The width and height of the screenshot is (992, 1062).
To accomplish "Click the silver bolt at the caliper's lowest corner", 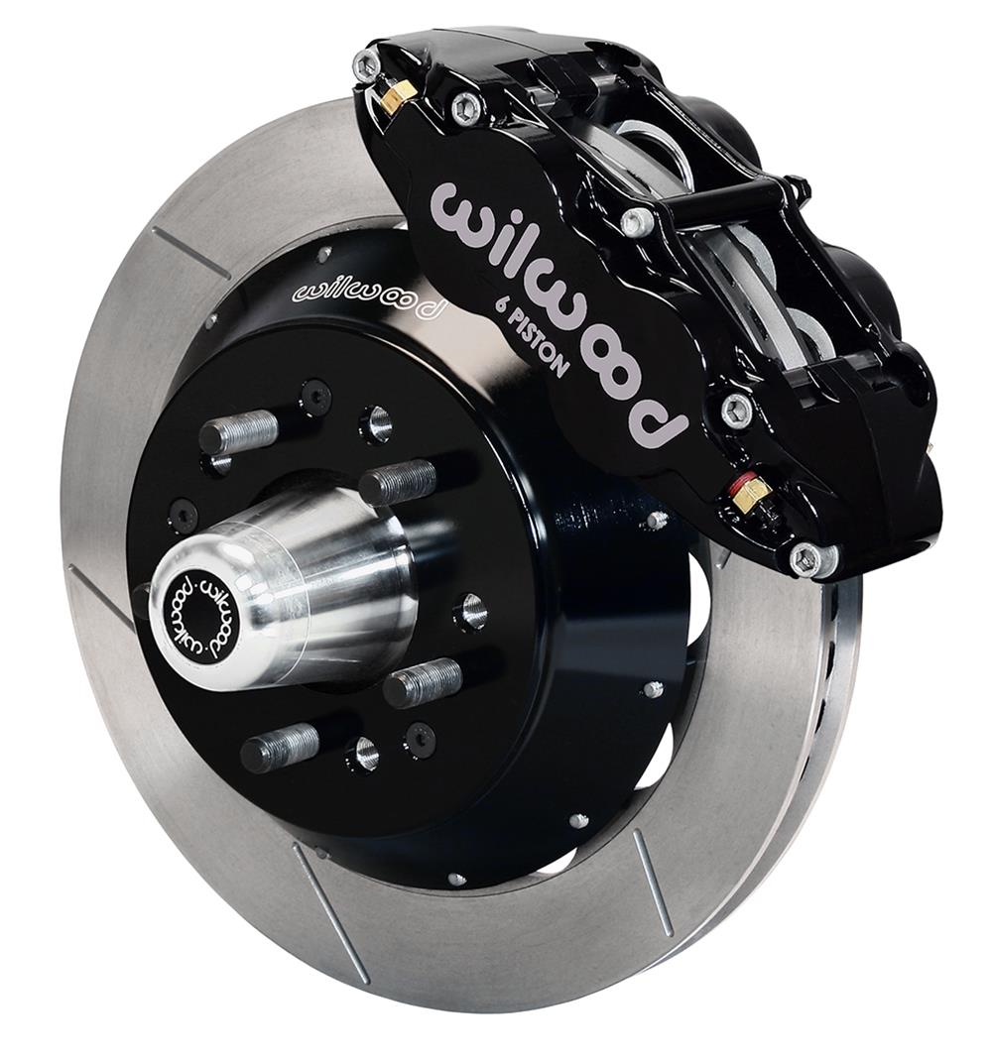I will (808, 559).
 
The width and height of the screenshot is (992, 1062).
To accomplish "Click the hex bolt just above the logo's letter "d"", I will (735, 409).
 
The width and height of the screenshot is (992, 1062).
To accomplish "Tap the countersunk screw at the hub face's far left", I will (184, 514).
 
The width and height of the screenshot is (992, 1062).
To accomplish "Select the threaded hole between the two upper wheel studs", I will (316, 397).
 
